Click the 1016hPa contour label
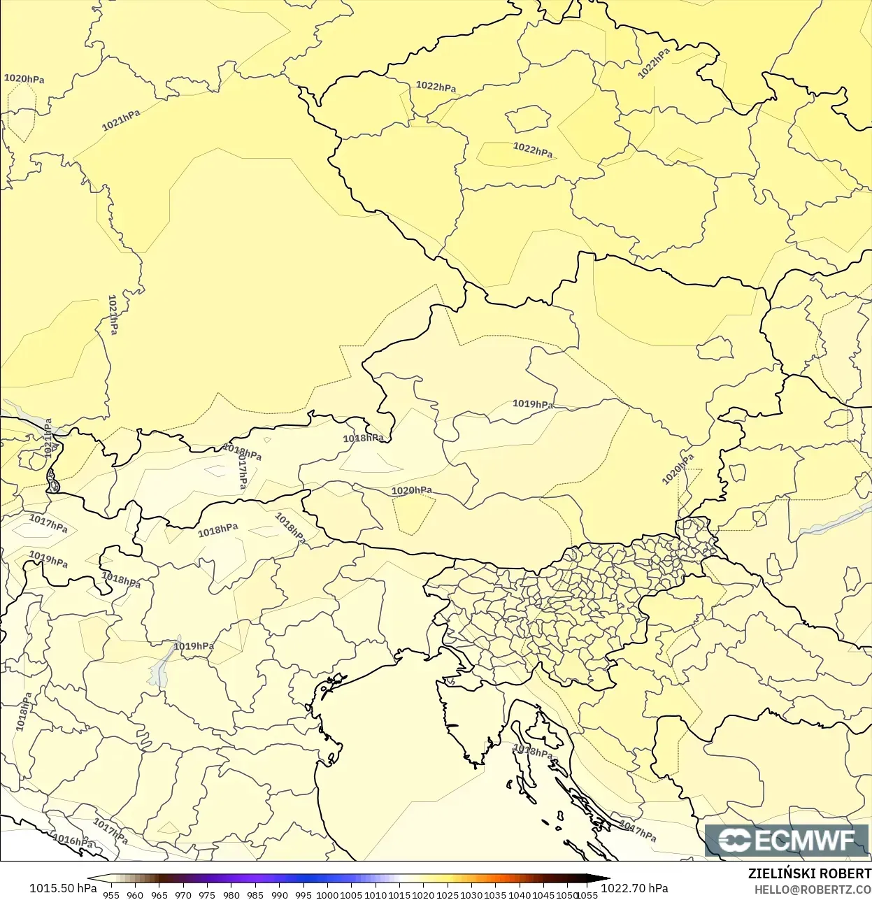[73, 841]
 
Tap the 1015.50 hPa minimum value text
[63, 888]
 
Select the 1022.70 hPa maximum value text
[634, 888]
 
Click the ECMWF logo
[787, 840]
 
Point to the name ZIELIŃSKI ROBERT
[809, 873]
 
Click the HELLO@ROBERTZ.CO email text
[813, 890]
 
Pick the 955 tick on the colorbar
[111, 894]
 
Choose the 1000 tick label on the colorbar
[327, 894]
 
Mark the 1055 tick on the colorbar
[587, 894]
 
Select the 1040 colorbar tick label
[520, 894]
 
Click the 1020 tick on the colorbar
[423, 894]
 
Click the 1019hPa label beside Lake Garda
[194, 646]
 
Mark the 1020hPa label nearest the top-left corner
[24, 79]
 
